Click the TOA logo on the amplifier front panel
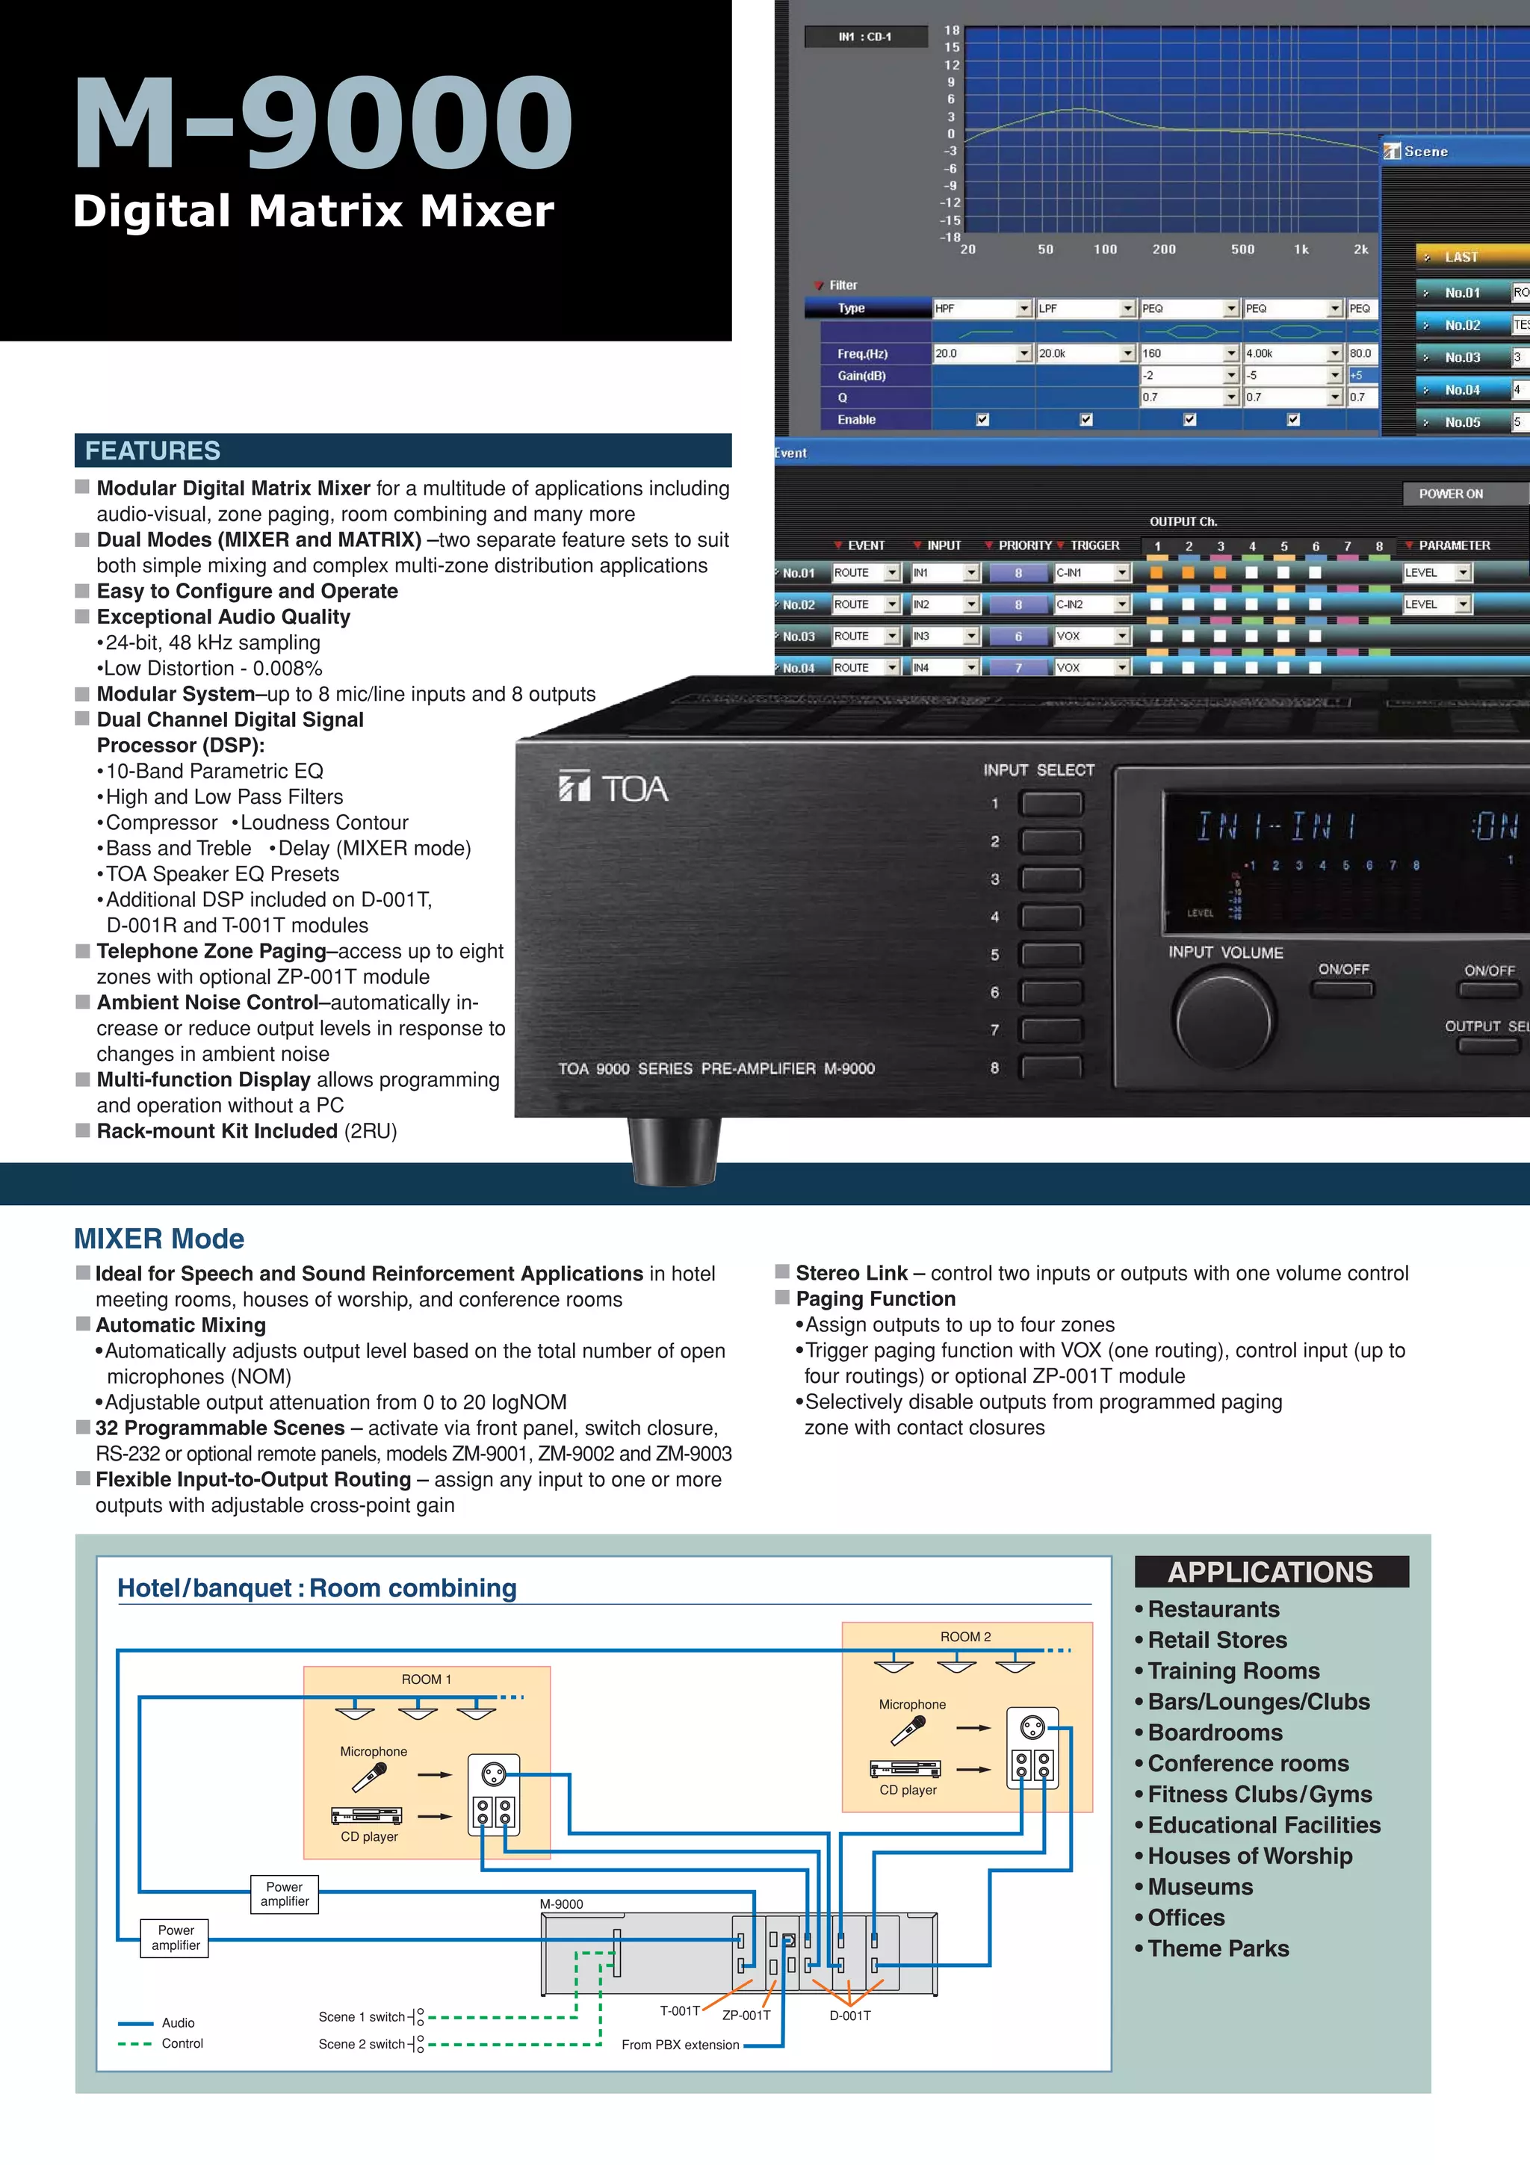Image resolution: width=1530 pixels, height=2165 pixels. [x=613, y=787]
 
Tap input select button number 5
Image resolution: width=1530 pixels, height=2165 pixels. [x=1051, y=954]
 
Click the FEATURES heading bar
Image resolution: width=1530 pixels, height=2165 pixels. [x=403, y=450]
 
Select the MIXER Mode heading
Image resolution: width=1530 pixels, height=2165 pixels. [x=159, y=1238]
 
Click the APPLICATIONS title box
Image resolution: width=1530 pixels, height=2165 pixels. [x=1271, y=1572]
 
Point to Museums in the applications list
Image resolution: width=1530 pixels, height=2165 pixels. [x=1199, y=1887]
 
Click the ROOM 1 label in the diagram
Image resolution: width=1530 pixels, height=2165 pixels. [x=426, y=1679]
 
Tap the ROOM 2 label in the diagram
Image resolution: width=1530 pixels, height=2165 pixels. [x=965, y=1637]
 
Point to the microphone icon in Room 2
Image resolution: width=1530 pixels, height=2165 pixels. [x=908, y=1730]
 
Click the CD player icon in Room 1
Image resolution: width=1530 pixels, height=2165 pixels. [x=367, y=1815]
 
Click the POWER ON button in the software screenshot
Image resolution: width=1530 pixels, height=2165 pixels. [x=1452, y=493]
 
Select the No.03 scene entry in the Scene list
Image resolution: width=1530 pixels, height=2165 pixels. [x=1462, y=357]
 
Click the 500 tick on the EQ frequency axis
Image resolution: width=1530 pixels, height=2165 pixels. [x=1242, y=250]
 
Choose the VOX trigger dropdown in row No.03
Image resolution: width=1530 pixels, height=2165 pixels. [x=1091, y=637]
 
